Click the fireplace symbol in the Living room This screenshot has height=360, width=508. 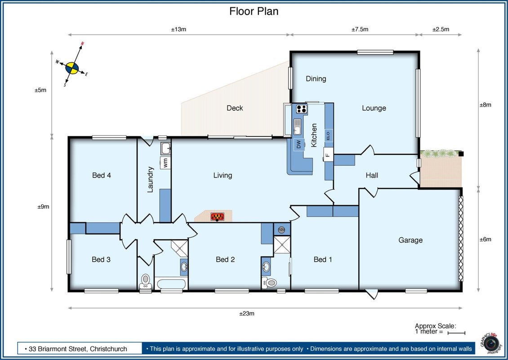point(218,216)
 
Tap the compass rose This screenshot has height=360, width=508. point(72,68)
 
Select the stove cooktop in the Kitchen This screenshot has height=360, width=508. point(302,108)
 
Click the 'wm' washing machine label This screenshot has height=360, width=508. point(165,162)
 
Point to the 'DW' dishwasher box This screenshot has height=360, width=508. point(299,144)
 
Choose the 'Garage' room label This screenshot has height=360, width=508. point(410,240)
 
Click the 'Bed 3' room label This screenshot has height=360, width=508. point(101,260)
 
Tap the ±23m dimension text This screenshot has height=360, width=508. point(247,314)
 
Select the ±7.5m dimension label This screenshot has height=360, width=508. point(360,29)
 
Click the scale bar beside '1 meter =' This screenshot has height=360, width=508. point(456,333)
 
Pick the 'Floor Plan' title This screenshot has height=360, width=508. point(254,11)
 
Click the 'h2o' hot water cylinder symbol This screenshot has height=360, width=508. point(281,229)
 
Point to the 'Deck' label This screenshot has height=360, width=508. point(235,108)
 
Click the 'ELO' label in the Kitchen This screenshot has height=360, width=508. point(328,135)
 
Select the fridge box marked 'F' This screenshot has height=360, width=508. point(328,155)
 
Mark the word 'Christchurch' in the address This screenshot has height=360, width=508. point(108,349)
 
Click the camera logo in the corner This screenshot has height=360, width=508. point(491,343)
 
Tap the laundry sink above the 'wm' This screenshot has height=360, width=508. point(166,148)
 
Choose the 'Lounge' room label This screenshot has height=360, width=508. point(374,108)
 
